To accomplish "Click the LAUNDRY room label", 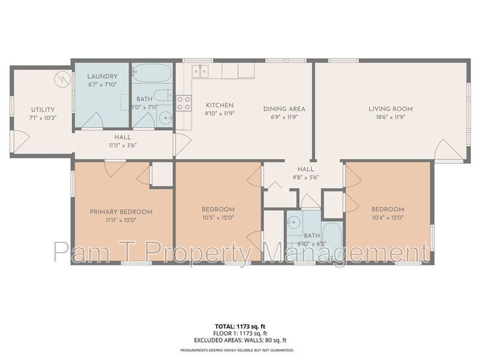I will coord(102,76).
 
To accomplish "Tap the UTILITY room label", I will coord(43,110).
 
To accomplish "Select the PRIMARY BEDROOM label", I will coord(121,212).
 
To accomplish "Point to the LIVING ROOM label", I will coord(391,109).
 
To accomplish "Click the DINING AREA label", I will coord(284,109).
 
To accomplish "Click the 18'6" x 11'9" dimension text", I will coord(391,117).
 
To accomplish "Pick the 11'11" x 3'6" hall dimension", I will coord(122,145).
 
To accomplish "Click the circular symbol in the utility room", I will coord(61,79).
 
